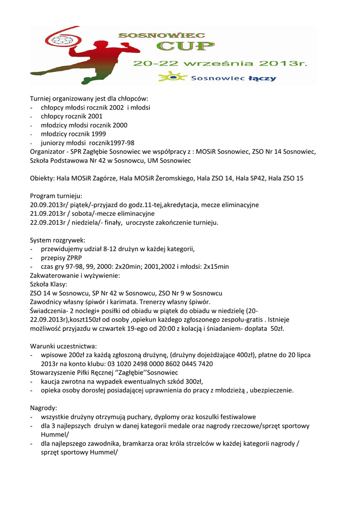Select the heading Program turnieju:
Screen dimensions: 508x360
coord(56,196)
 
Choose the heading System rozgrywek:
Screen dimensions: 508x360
coord(58,240)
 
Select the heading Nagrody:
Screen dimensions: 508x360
coord(44,408)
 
